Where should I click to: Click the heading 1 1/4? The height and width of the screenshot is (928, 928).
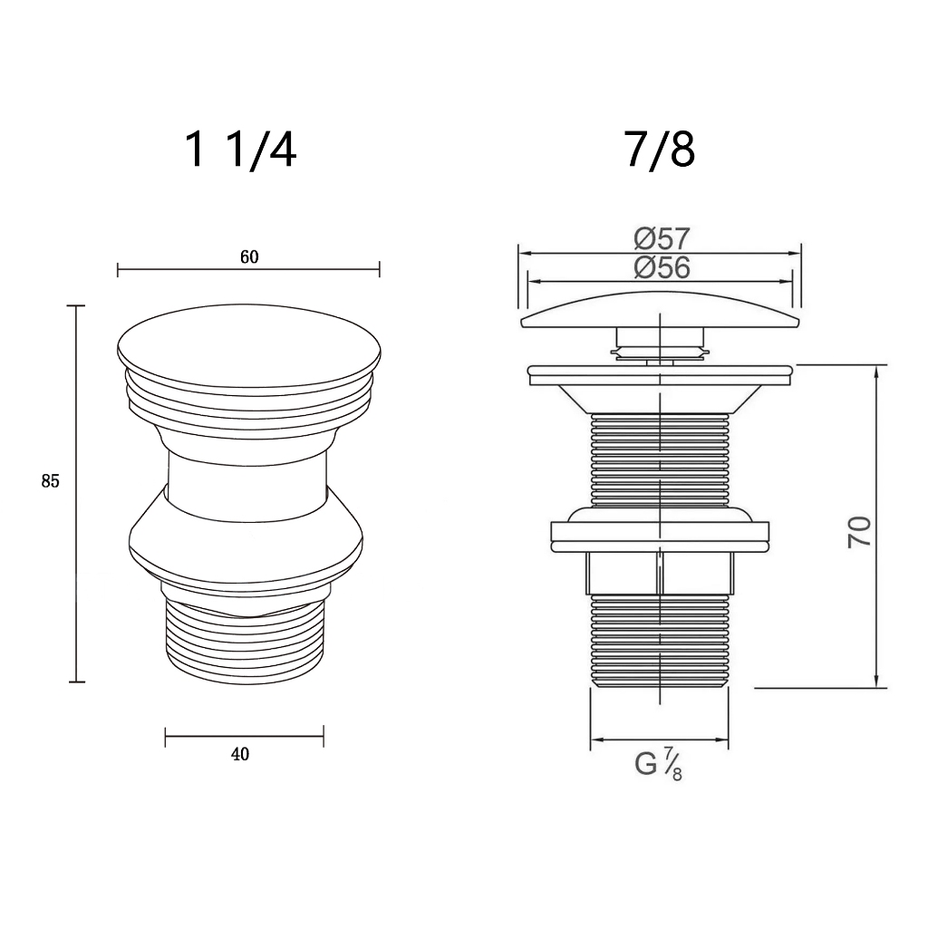(240, 150)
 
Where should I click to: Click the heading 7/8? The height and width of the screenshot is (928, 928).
(660, 150)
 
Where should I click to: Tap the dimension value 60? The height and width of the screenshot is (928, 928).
(250, 256)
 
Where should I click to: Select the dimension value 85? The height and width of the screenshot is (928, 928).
(51, 482)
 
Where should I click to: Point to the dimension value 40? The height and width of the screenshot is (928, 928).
(239, 754)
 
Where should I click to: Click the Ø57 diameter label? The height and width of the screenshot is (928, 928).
(662, 238)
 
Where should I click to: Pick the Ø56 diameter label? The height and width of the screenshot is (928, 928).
(662, 267)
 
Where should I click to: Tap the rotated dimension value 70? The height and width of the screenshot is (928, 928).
(859, 531)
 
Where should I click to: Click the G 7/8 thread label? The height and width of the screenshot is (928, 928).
(658, 763)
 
